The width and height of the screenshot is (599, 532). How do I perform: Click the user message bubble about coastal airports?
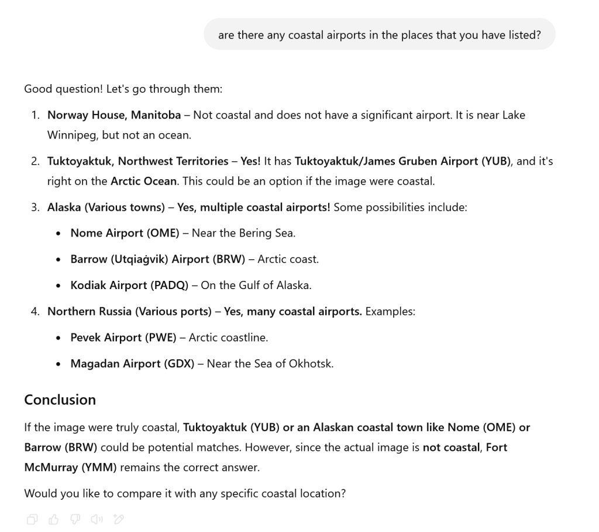(379, 35)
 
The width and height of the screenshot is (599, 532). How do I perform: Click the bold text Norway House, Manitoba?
(114, 115)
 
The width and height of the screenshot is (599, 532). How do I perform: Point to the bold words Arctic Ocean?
(143, 181)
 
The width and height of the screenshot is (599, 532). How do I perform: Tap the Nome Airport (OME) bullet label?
(125, 233)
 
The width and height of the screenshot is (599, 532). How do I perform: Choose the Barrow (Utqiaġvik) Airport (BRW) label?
(157, 259)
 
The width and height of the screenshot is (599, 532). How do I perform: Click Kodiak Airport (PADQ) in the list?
(129, 286)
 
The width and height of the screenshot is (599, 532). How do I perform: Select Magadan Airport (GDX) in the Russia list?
(132, 364)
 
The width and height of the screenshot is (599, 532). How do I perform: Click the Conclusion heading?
(60, 400)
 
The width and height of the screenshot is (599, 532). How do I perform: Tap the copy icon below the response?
(32, 519)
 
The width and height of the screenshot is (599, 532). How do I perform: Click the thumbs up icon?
(54, 519)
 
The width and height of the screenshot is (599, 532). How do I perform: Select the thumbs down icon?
(75, 519)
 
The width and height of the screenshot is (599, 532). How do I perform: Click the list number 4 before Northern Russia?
(35, 311)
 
